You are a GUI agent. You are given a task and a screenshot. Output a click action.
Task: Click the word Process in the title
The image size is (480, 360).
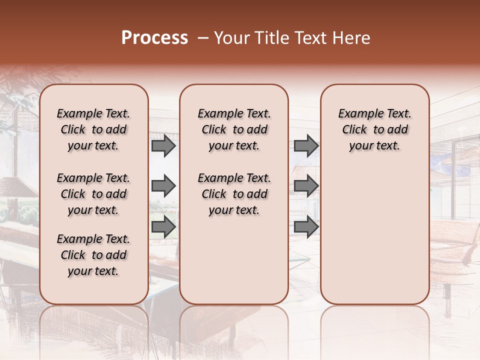[x=154, y=38]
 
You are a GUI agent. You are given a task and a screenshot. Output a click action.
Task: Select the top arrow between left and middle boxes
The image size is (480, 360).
[x=163, y=146]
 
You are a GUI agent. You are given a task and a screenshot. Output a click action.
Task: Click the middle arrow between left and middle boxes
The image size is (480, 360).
[x=163, y=186]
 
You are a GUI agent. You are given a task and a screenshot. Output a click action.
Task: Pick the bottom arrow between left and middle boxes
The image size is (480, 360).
[x=163, y=226]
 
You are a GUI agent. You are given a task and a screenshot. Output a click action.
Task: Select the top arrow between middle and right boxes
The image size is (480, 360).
[x=306, y=146]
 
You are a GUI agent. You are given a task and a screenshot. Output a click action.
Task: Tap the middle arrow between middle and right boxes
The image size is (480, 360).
[x=306, y=186]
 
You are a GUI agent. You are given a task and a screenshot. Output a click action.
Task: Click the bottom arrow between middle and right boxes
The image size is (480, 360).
[x=306, y=226]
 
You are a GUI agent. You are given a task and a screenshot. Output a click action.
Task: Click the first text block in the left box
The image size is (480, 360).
[x=93, y=129]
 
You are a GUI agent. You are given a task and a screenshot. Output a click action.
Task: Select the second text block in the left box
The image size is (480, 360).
[x=93, y=194]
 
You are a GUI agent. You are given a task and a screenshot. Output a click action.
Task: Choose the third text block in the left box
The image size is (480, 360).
[x=93, y=255]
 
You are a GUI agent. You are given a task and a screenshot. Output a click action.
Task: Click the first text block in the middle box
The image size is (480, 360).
[x=234, y=129]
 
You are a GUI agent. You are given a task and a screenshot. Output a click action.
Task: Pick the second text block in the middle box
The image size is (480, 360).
[x=234, y=194]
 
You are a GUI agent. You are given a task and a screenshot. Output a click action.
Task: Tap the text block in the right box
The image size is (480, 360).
[x=374, y=129]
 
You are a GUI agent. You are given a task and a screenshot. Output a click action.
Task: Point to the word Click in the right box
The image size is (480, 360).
[x=354, y=130]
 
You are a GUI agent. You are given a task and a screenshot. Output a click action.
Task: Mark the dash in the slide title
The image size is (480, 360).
[x=203, y=38]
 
